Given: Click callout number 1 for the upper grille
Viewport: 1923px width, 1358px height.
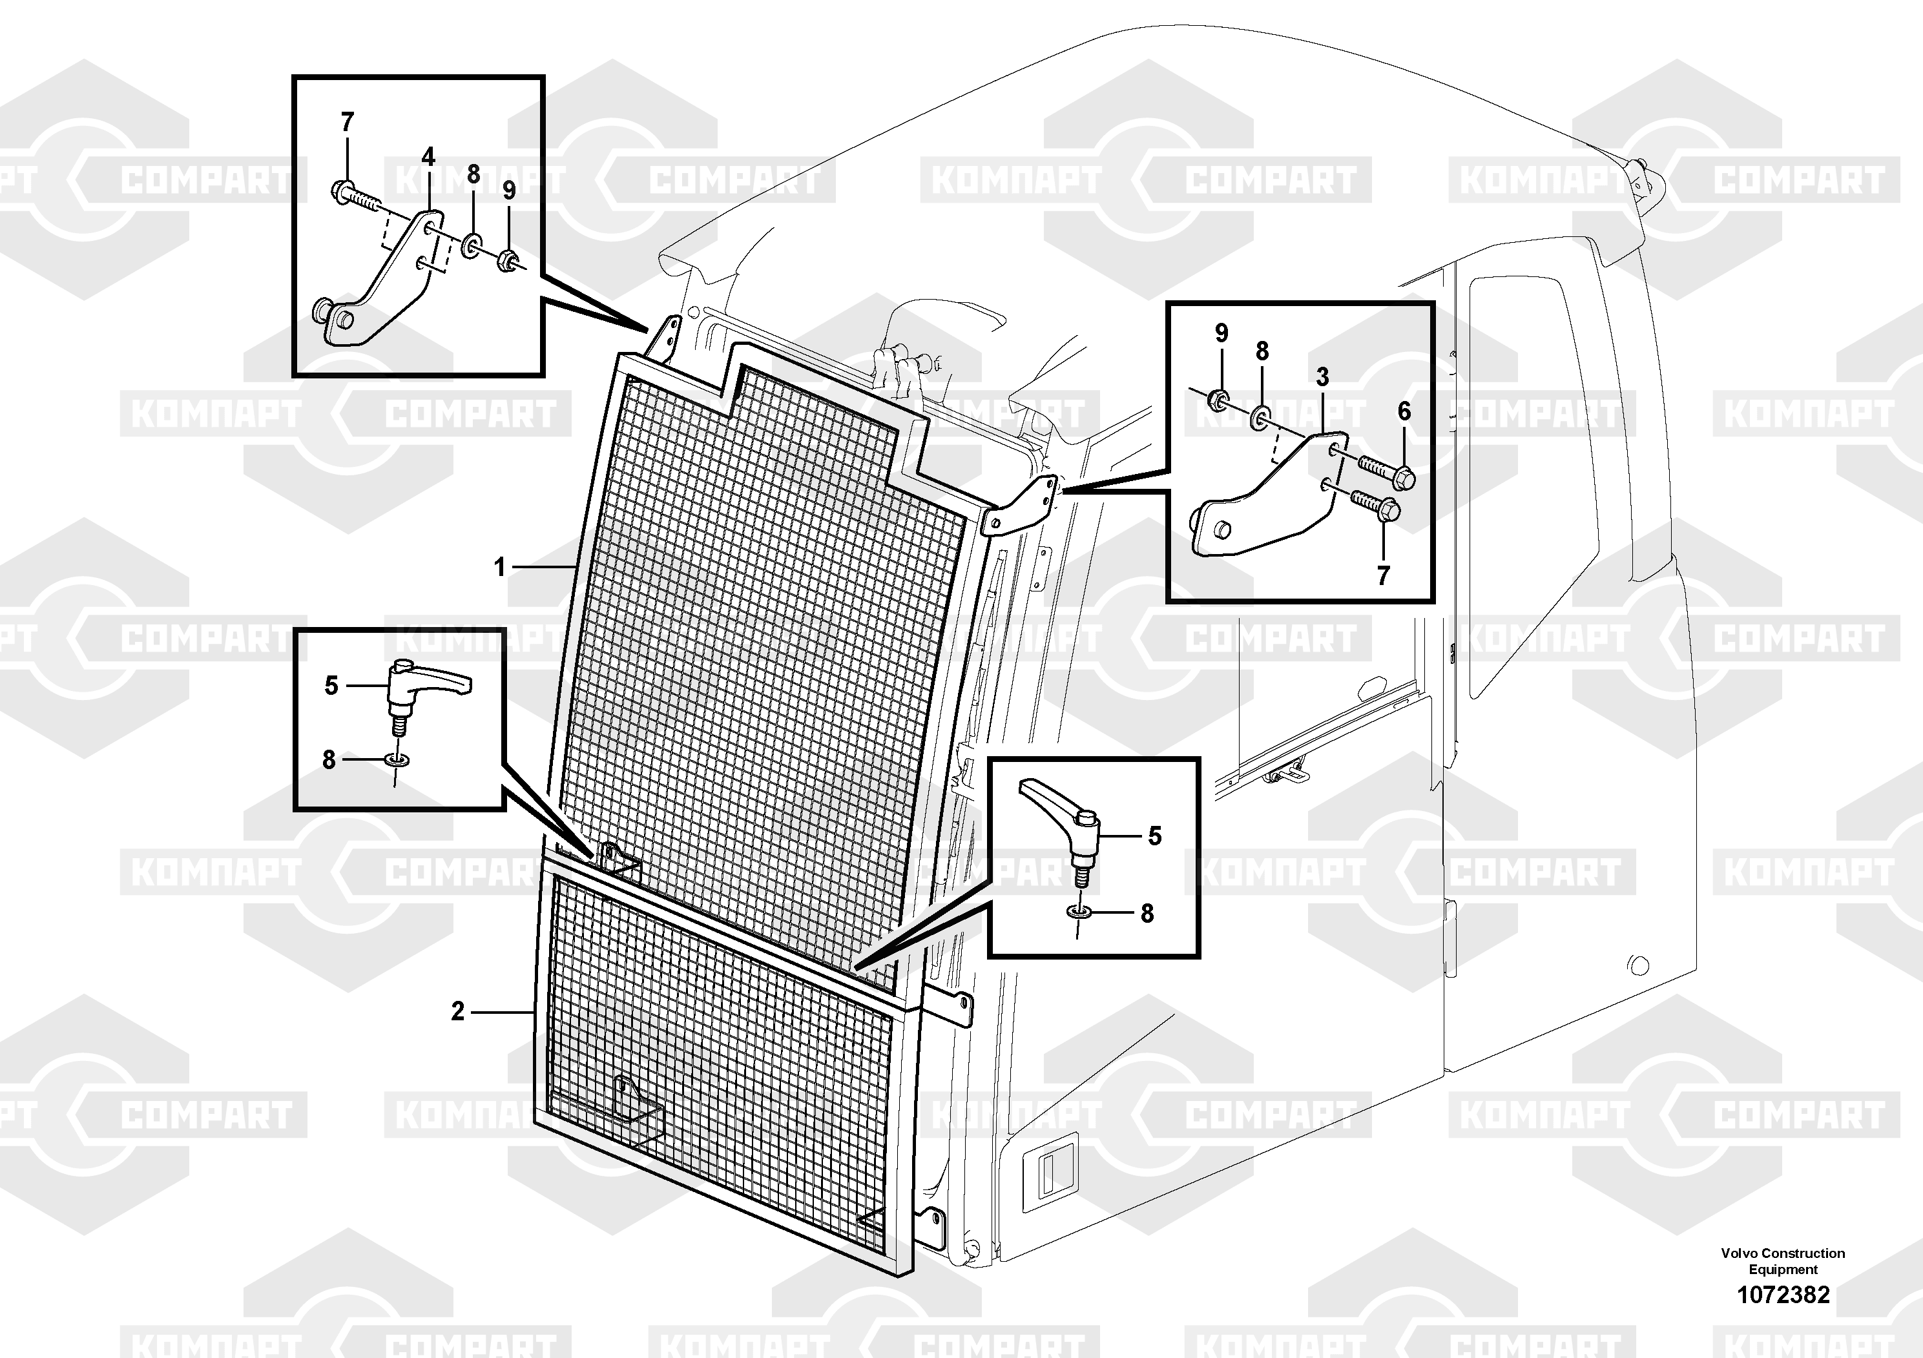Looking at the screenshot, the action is tap(500, 568).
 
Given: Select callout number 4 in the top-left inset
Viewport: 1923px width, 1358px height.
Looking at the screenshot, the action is tap(428, 156).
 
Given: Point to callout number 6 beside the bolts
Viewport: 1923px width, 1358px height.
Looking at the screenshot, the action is tap(1404, 411).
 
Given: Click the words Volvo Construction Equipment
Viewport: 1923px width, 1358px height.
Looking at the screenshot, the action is tap(1783, 1262).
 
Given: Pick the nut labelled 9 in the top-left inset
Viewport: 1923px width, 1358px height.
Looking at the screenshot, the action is tap(508, 260).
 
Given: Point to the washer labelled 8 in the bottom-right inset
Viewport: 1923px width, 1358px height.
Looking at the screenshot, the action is tap(1078, 911).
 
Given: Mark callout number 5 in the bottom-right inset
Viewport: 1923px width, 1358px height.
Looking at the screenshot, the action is tap(1154, 836).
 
